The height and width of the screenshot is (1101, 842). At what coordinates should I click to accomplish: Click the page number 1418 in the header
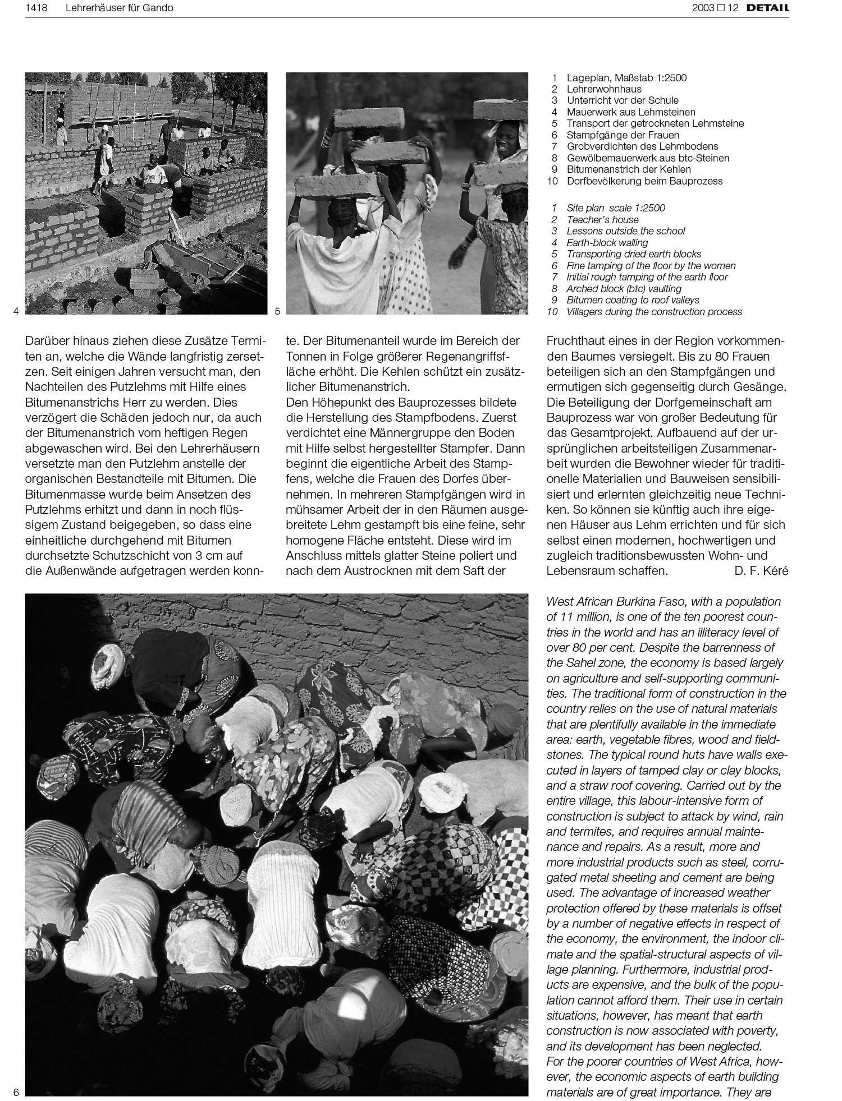36,8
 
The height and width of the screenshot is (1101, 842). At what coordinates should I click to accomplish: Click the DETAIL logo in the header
771,8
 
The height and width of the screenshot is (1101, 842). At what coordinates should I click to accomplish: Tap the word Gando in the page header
159,8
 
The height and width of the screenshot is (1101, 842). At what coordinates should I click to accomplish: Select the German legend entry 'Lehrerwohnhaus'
603,89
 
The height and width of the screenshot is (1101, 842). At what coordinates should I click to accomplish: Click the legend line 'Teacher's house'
602,220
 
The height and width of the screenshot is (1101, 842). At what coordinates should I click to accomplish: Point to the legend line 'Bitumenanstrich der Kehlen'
628,169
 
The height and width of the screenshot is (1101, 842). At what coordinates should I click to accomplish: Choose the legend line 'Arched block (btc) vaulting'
624,289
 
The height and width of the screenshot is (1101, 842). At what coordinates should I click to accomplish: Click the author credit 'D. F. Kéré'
761,571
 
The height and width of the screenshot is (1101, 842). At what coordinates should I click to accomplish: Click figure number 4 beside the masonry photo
16,311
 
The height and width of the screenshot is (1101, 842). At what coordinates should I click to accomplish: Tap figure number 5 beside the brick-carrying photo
278,311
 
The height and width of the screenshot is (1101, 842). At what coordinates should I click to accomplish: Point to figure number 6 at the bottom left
16,1092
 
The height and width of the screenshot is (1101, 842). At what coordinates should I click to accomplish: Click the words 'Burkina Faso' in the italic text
651,602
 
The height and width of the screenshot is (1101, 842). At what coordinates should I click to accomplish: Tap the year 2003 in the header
703,8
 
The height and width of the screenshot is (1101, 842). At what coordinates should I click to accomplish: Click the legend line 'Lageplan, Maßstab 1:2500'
626,78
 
